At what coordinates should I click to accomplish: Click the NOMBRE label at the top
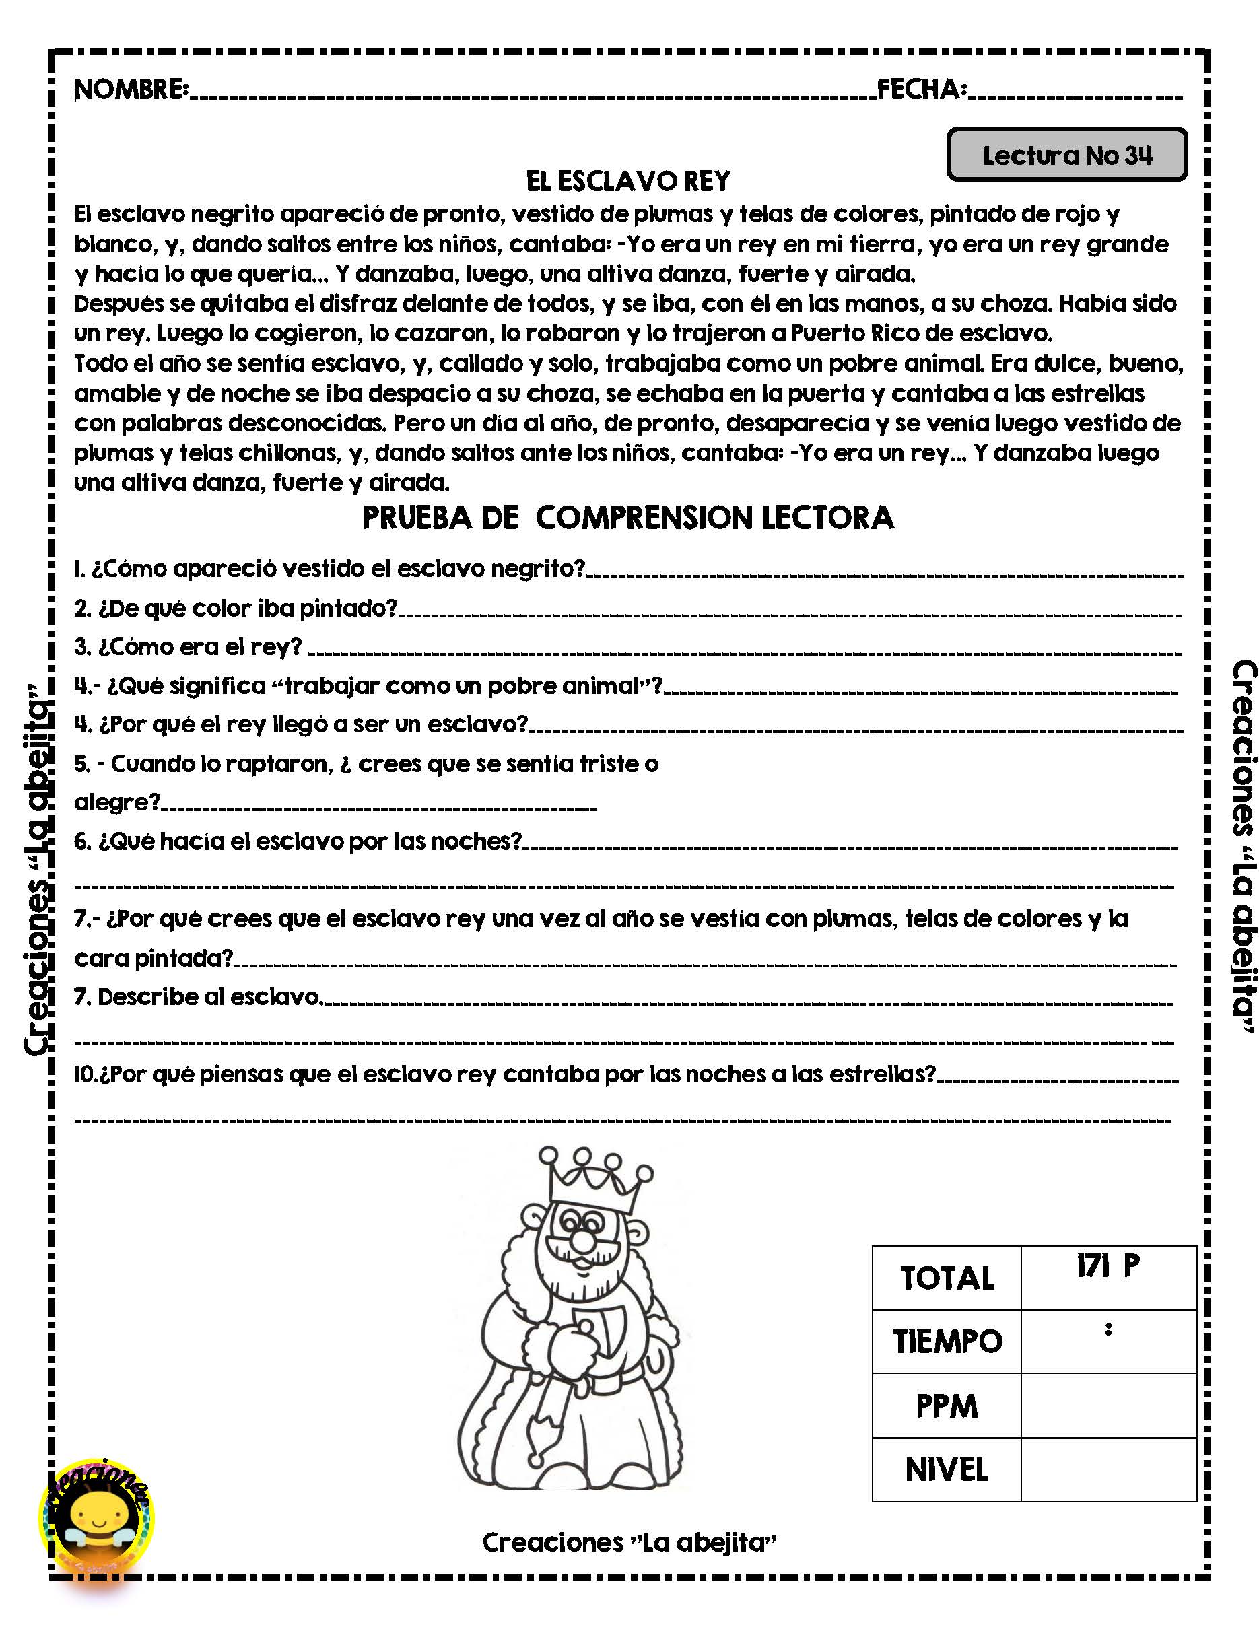click(131, 90)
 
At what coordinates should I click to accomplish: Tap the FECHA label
click(921, 90)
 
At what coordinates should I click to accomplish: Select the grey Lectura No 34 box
click(1066, 154)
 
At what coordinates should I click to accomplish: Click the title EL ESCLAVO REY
click(628, 181)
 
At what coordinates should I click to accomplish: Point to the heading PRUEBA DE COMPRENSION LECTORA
click(628, 518)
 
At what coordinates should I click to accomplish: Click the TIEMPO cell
click(947, 1342)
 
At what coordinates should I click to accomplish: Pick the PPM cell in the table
click(947, 1406)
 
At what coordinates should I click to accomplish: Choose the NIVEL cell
click(947, 1469)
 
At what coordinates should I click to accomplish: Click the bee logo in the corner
click(96, 1514)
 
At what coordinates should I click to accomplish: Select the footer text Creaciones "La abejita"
click(629, 1541)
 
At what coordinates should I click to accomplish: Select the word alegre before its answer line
click(116, 802)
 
